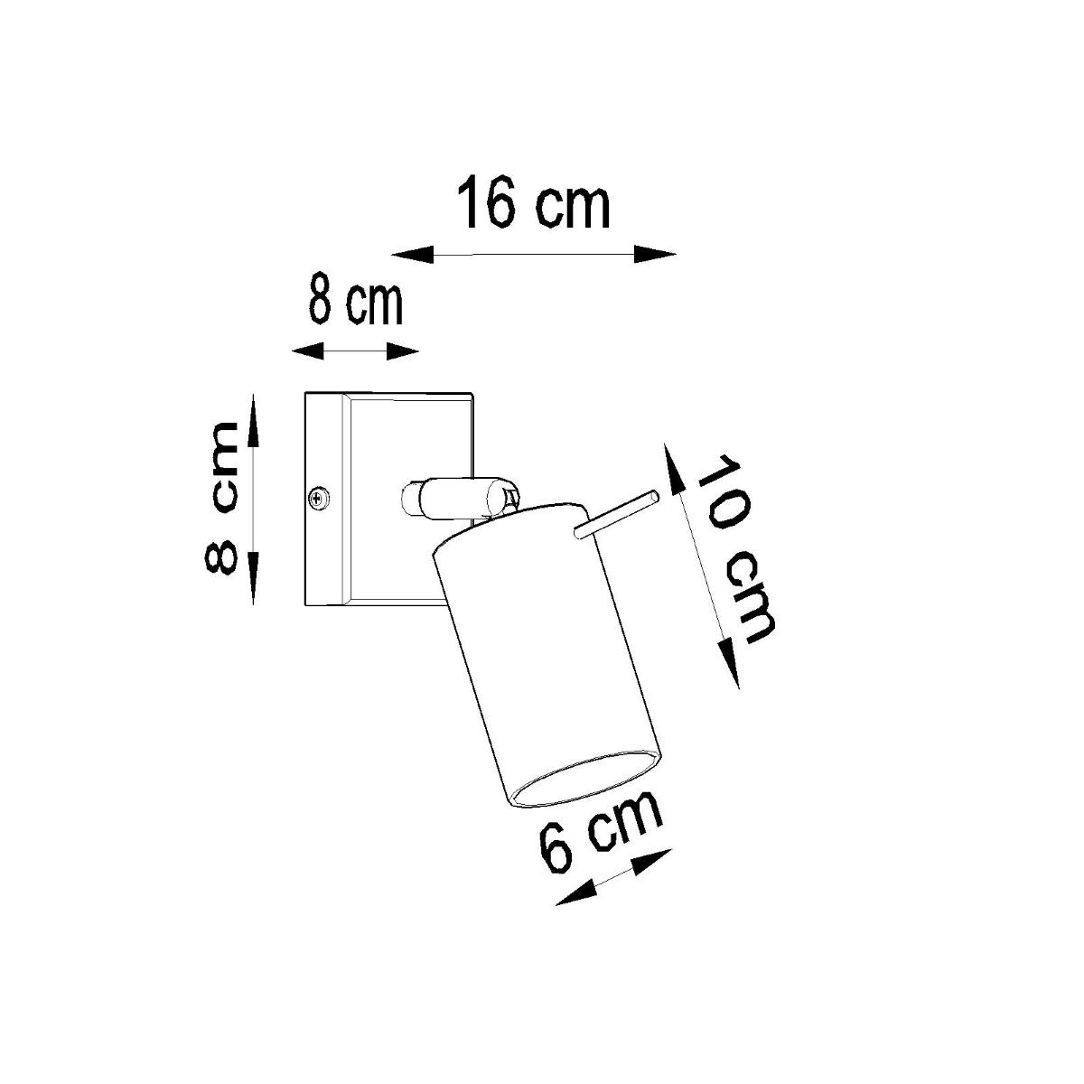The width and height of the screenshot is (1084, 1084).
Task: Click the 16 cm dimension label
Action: (x=534, y=206)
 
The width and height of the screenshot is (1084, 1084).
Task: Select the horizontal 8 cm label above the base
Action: (x=354, y=303)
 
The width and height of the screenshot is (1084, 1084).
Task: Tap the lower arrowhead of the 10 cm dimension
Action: (x=730, y=660)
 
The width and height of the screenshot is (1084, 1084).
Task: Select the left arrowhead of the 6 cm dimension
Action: (x=575, y=893)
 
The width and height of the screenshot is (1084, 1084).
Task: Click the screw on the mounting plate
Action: (x=318, y=497)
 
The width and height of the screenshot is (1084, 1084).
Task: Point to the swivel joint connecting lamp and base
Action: (x=452, y=499)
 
